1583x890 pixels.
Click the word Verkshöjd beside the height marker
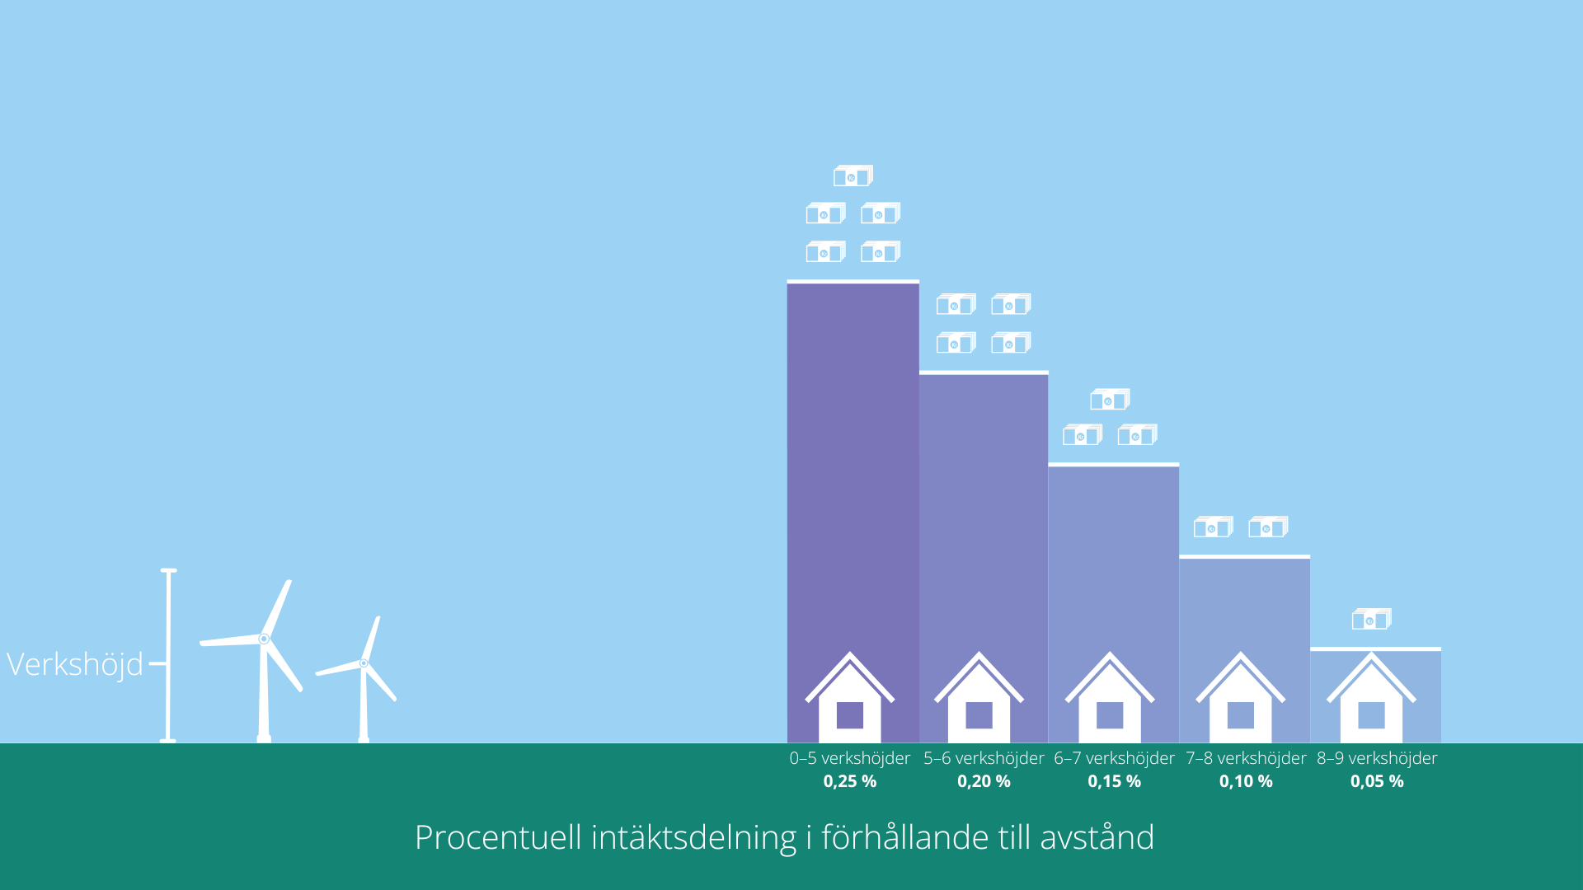click(75, 664)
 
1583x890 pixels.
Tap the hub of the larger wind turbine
click(264, 639)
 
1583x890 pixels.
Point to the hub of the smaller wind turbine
click(364, 663)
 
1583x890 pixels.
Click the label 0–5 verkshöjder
click(850, 758)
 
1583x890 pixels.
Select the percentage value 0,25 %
click(850, 781)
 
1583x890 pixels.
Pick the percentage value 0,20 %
click(984, 781)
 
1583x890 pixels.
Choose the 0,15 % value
click(1114, 781)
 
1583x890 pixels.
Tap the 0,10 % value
click(1246, 781)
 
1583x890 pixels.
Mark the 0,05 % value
click(1377, 781)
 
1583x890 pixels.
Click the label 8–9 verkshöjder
click(1377, 758)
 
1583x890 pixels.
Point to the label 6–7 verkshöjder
click(1114, 758)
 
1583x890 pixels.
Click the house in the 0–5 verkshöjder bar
click(850, 697)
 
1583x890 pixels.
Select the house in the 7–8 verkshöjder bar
click(1241, 697)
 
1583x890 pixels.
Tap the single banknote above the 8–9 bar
click(1372, 619)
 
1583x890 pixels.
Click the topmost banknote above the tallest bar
click(853, 176)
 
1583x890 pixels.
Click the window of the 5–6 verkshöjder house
click(979, 715)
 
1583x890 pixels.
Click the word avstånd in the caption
click(1097, 837)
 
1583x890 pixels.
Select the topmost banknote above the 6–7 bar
click(1110, 400)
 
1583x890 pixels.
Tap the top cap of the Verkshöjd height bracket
click(168, 570)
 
